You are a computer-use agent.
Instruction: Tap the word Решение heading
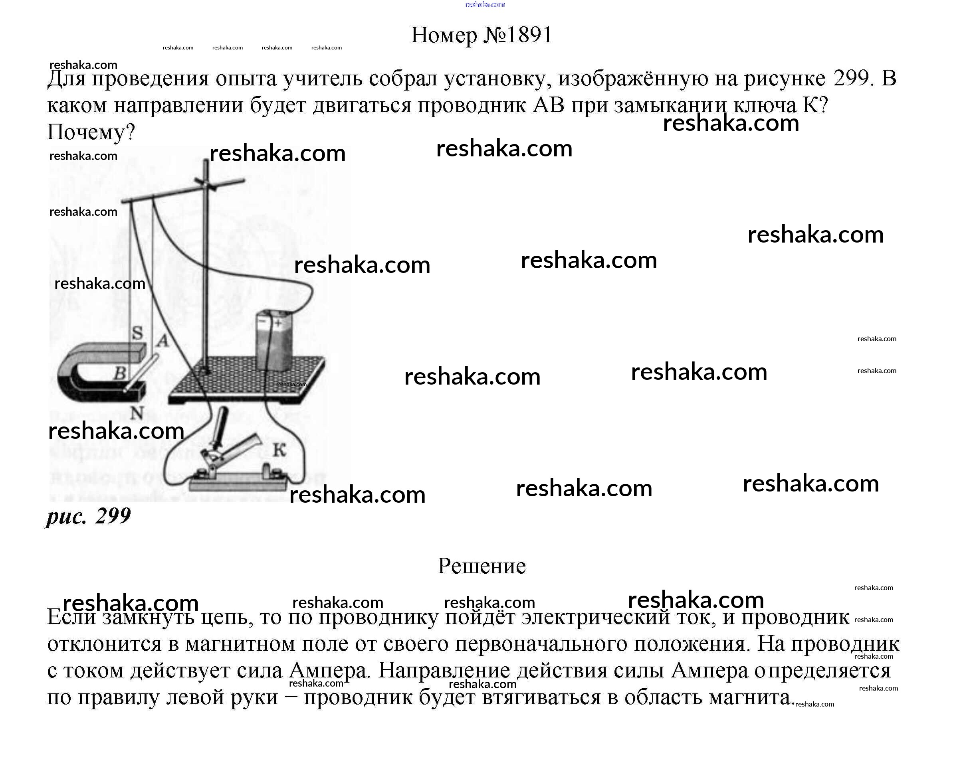(482, 566)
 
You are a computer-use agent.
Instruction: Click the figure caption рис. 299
(88, 516)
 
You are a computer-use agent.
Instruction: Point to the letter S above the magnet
(137, 333)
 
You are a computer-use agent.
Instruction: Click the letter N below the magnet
(136, 414)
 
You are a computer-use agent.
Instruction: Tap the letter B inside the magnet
(119, 373)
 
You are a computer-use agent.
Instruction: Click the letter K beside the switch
(279, 450)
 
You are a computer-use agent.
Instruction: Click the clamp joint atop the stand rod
(206, 183)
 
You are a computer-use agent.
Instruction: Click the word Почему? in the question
(91, 132)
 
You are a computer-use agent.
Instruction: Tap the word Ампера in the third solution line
(328, 670)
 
